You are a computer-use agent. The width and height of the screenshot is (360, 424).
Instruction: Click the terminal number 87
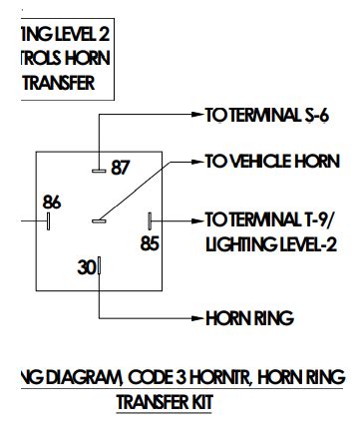(x=121, y=168)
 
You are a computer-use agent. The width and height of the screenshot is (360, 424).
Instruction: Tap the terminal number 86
(x=52, y=201)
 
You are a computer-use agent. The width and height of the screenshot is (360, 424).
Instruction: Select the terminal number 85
(x=150, y=242)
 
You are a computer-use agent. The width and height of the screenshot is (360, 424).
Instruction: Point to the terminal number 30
(x=86, y=266)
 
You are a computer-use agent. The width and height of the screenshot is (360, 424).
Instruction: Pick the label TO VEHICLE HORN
(x=271, y=162)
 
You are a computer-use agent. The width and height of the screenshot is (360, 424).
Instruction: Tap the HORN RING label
(x=249, y=319)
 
